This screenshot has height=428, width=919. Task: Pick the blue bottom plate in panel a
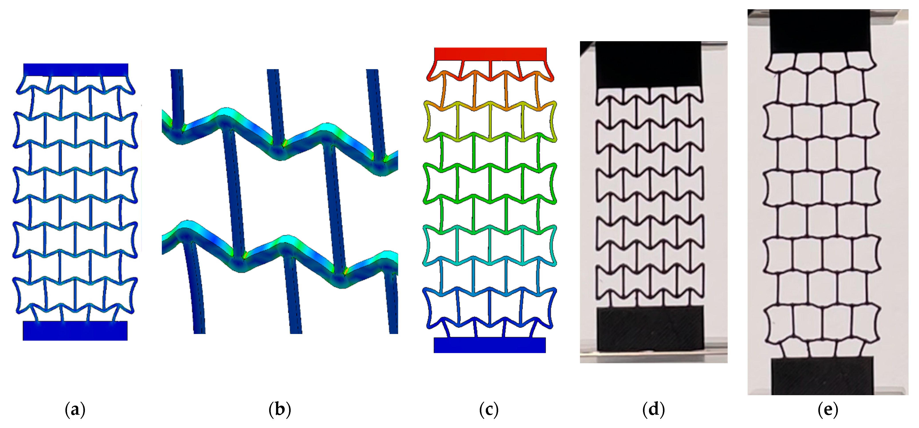[75, 331]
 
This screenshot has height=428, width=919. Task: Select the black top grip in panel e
[820, 31]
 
